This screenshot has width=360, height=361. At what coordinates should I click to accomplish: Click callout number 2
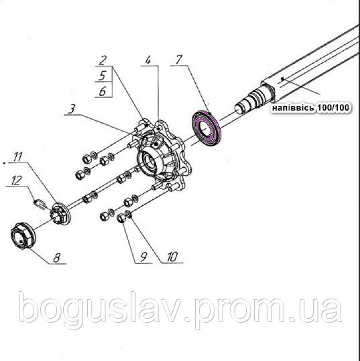[103, 60]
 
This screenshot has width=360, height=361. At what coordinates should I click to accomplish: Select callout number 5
[103, 75]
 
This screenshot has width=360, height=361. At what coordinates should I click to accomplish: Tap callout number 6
[103, 91]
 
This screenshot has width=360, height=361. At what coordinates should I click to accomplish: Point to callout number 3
[72, 109]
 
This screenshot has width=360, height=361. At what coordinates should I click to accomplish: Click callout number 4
[148, 60]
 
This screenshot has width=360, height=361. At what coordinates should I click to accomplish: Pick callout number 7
[178, 60]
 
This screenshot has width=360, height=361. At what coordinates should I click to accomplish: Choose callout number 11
[17, 157]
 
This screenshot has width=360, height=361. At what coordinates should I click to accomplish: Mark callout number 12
[17, 180]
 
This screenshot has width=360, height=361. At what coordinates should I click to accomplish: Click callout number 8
[57, 258]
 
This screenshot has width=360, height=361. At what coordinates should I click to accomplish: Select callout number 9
[143, 257]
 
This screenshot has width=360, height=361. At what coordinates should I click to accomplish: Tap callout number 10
[172, 257]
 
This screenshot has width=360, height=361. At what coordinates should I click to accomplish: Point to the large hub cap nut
[23, 236]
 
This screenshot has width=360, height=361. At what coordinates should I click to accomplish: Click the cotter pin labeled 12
[40, 204]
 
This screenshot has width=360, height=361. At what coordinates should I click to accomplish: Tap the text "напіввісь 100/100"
[310, 107]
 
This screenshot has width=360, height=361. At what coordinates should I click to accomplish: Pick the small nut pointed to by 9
[121, 218]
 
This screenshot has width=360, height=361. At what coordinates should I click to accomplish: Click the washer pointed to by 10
[129, 214]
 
